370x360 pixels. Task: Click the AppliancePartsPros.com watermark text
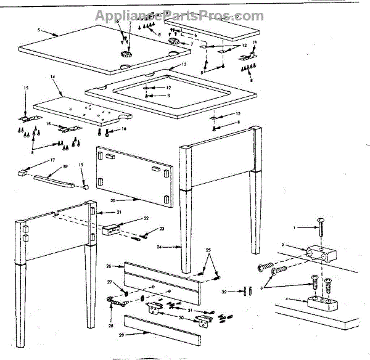(179, 17)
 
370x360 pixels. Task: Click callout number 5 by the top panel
(38, 30)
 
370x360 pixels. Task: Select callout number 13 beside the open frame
(184, 64)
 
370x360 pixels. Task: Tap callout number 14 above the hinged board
(53, 78)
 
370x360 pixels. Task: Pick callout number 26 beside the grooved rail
(109, 266)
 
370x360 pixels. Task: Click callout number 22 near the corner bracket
(146, 218)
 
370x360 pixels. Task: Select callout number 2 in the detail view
(282, 246)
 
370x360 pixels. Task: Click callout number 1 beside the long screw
(295, 228)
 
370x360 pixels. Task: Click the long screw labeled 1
(321, 229)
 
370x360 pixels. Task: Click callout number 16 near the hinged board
(123, 129)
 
